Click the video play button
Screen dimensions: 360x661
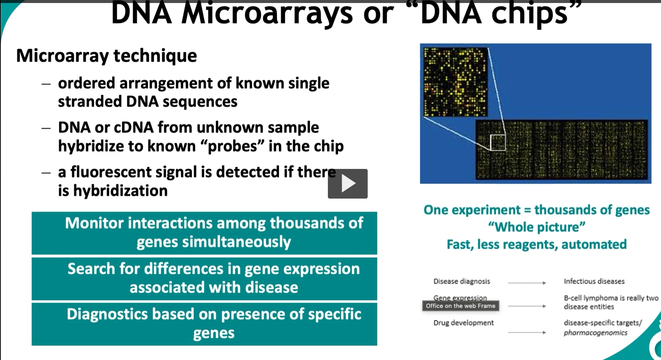coord(347,184)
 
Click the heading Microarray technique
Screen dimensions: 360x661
coord(106,56)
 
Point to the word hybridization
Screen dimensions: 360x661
coord(120,191)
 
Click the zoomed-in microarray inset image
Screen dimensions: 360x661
coord(455,82)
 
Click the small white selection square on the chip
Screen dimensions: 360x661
coord(498,143)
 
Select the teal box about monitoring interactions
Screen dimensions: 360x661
coord(204,233)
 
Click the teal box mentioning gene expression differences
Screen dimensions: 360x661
coord(204,279)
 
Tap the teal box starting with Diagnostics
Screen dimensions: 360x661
coord(204,324)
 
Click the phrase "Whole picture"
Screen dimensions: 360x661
coord(536,227)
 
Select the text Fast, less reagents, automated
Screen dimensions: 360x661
coord(536,244)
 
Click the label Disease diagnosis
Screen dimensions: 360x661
coord(462,281)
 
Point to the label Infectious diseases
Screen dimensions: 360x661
coord(594,281)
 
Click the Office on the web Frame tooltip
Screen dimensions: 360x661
coord(460,306)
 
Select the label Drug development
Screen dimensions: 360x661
coord(463,323)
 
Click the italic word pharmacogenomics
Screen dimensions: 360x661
coord(595,333)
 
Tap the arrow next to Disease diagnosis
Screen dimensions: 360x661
coord(527,283)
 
